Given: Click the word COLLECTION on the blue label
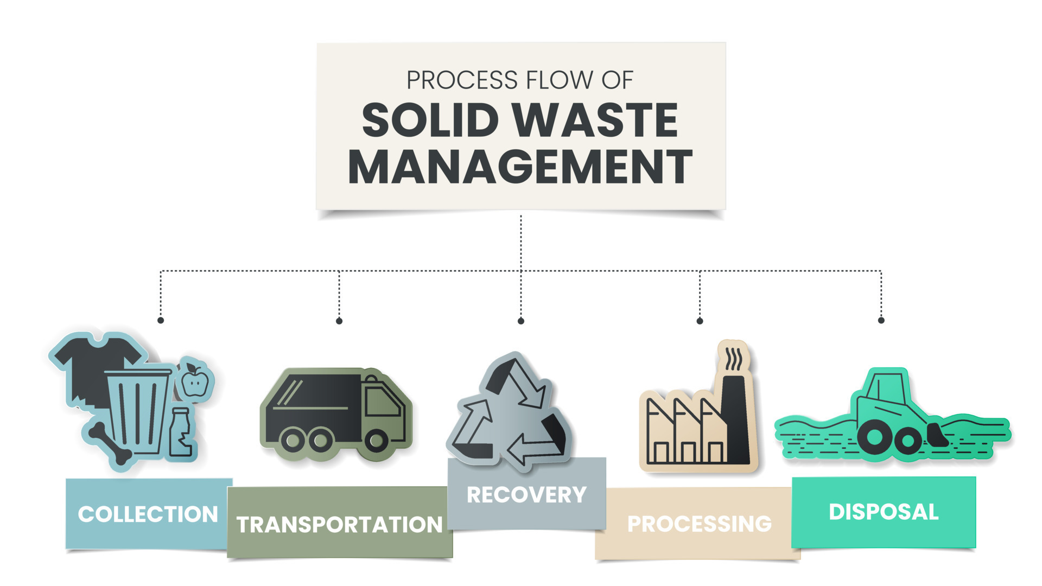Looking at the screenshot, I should tap(148, 514).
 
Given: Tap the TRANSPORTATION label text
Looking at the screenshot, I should tap(340, 525).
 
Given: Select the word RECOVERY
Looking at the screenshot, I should tap(526, 495).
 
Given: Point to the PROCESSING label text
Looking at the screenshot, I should tap(699, 524).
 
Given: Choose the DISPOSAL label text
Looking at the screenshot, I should tap(884, 512).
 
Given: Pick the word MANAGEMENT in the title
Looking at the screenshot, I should tap(520, 167).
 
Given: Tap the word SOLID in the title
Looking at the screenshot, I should tap(430, 120).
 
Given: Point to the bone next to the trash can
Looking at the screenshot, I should tap(111, 443).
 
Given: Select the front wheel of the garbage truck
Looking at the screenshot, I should tap(376, 440).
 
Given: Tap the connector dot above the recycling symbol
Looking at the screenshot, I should tap(521, 321).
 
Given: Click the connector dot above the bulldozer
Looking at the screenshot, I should tap(881, 321).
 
